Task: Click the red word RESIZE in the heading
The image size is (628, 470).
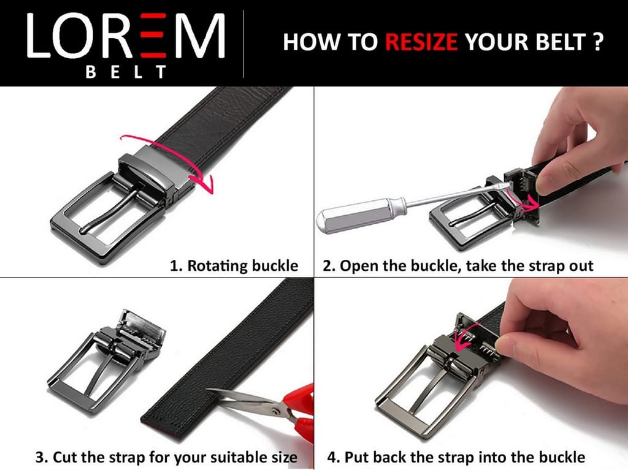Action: [x=421, y=42]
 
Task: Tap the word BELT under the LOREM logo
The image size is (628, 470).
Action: [x=126, y=72]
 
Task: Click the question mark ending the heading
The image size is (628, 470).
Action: [x=597, y=42]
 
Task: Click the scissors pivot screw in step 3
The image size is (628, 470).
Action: [x=274, y=411]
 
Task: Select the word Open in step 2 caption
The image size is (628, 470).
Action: [x=359, y=266]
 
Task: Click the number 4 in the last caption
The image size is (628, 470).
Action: [x=332, y=457]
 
